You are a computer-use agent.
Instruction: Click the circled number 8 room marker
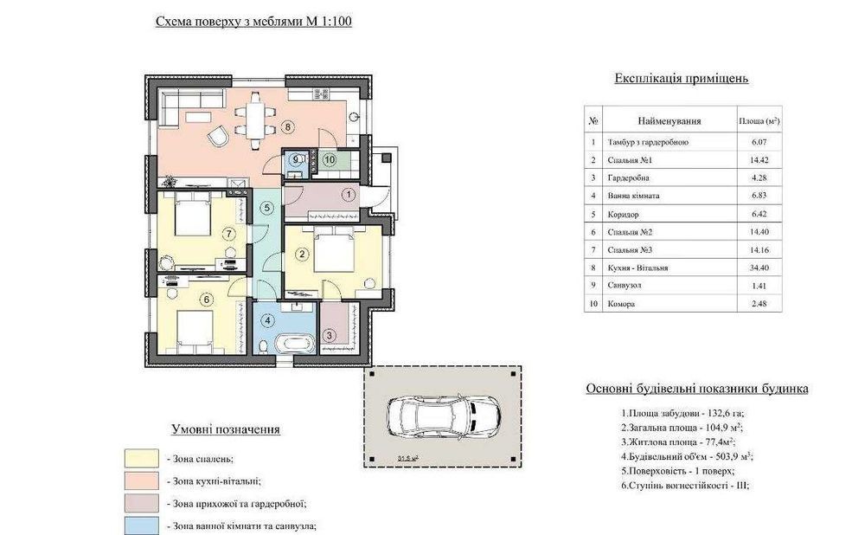coord(287,126)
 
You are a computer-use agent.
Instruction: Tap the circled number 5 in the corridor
coord(267,208)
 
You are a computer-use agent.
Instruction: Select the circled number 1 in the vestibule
coord(349,194)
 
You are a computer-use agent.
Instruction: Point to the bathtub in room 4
coord(295,344)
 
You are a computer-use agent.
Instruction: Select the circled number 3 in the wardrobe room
coord(329,334)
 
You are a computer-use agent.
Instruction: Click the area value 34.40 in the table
coord(759,267)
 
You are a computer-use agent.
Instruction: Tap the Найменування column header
coord(670,121)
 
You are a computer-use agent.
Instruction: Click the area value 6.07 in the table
coord(759,142)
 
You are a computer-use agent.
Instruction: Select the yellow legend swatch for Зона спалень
coord(142,458)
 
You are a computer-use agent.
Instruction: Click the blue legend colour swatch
coord(142,525)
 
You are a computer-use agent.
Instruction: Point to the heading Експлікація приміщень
coord(682,79)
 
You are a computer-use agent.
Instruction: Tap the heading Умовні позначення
coord(225,429)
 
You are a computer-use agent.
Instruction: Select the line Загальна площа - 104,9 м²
coord(682,428)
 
